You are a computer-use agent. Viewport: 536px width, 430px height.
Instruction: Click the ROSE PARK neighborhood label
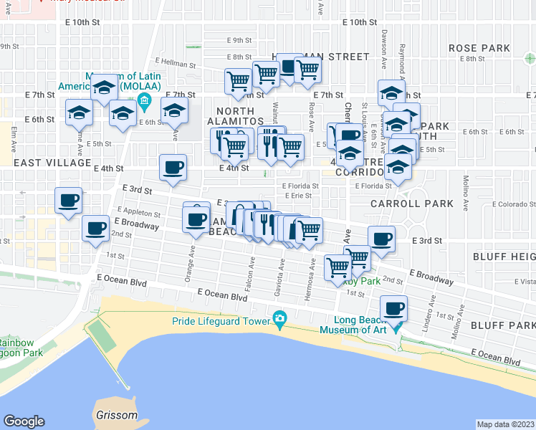[479, 48]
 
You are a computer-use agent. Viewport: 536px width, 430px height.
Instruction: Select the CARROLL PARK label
[412, 204]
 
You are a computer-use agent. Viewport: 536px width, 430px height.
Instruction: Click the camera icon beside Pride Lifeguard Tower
[279, 317]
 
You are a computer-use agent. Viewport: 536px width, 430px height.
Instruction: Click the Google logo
[24, 421]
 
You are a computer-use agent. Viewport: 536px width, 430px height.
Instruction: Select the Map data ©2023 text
[506, 424]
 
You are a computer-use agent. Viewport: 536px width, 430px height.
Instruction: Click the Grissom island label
[115, 416]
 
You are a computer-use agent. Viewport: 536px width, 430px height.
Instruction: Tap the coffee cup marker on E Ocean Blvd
[393, 308]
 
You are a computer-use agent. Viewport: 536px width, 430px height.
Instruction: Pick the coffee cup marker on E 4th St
[173, 167]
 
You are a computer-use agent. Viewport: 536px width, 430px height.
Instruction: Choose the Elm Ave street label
[13, 136]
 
